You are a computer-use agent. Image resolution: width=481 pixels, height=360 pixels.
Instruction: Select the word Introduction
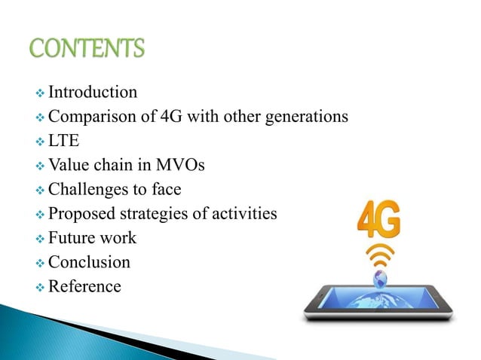point(93,93)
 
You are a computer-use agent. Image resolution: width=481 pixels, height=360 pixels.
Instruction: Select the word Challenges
point(87,190)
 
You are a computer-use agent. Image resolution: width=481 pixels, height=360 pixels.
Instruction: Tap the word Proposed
point(81,214)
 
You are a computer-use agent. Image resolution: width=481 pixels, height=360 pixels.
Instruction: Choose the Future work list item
point(92,238)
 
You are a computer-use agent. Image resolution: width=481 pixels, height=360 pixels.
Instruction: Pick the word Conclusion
point(89,262)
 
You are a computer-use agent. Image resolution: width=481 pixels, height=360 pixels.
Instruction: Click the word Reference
point(84,286)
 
